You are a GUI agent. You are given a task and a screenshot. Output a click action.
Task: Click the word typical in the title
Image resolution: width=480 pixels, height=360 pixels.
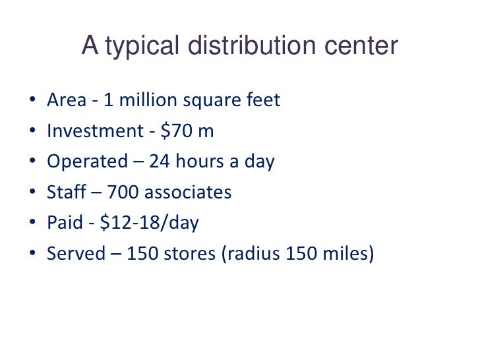140,47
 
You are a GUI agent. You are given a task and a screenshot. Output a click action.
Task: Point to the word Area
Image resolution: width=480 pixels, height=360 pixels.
66,100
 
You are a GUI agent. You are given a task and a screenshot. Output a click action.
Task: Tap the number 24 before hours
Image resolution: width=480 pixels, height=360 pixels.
160,162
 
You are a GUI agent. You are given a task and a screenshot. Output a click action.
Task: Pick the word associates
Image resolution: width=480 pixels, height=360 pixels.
188,193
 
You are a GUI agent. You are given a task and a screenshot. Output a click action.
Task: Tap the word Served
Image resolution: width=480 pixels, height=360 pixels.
75,254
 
